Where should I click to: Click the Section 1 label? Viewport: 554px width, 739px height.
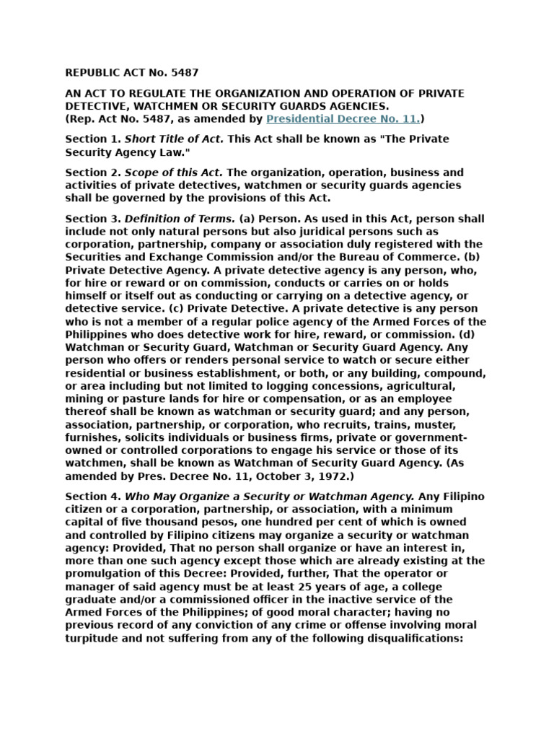click(x=92, y=139)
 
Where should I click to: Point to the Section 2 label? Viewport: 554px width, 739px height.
click(x=92, y=172)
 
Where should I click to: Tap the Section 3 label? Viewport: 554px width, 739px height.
click(x=92, y=219)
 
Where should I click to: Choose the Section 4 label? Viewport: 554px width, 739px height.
click(x=92, y=496)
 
